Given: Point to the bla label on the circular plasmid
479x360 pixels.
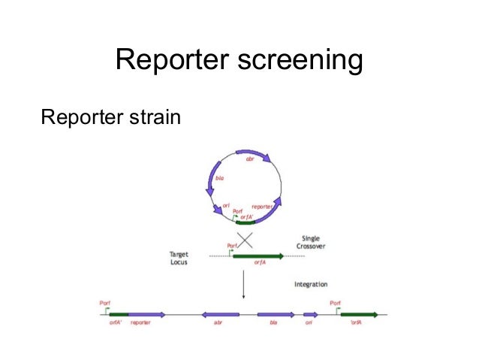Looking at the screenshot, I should [x=220, y=178].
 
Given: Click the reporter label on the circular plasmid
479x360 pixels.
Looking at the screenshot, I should [x=262, y=205].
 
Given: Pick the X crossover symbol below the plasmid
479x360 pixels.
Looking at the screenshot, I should [x=244, y=240].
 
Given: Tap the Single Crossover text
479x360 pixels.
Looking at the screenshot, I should [x=307, y=241].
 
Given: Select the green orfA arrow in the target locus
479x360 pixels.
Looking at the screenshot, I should [x=258, y=256].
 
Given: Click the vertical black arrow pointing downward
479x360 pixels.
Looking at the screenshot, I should [x=244, y=285].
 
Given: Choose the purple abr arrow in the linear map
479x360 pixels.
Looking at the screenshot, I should [x=219, y=314].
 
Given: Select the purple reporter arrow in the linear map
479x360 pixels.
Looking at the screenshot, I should [x=147, y=314].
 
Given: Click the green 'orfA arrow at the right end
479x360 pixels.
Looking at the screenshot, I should [x=360, y=314].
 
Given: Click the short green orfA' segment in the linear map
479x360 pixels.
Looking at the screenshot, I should [x=118, y=314].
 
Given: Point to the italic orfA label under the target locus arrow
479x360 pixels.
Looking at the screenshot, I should [x=258, y=264].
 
